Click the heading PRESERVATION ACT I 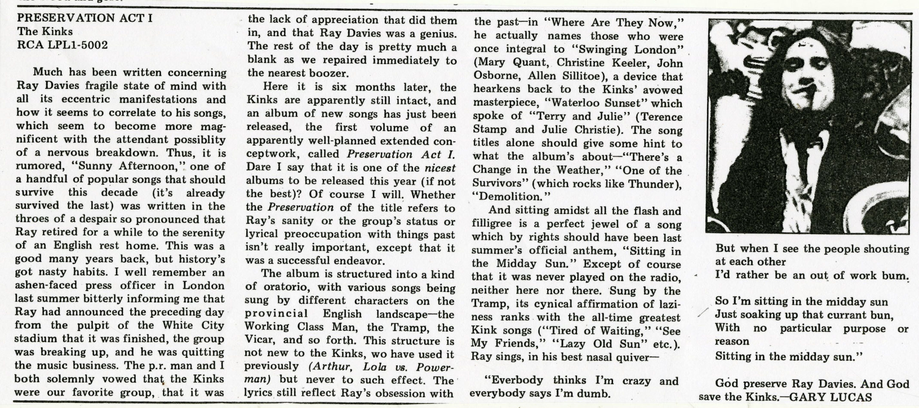[84, 18]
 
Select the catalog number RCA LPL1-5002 [62, 45]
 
